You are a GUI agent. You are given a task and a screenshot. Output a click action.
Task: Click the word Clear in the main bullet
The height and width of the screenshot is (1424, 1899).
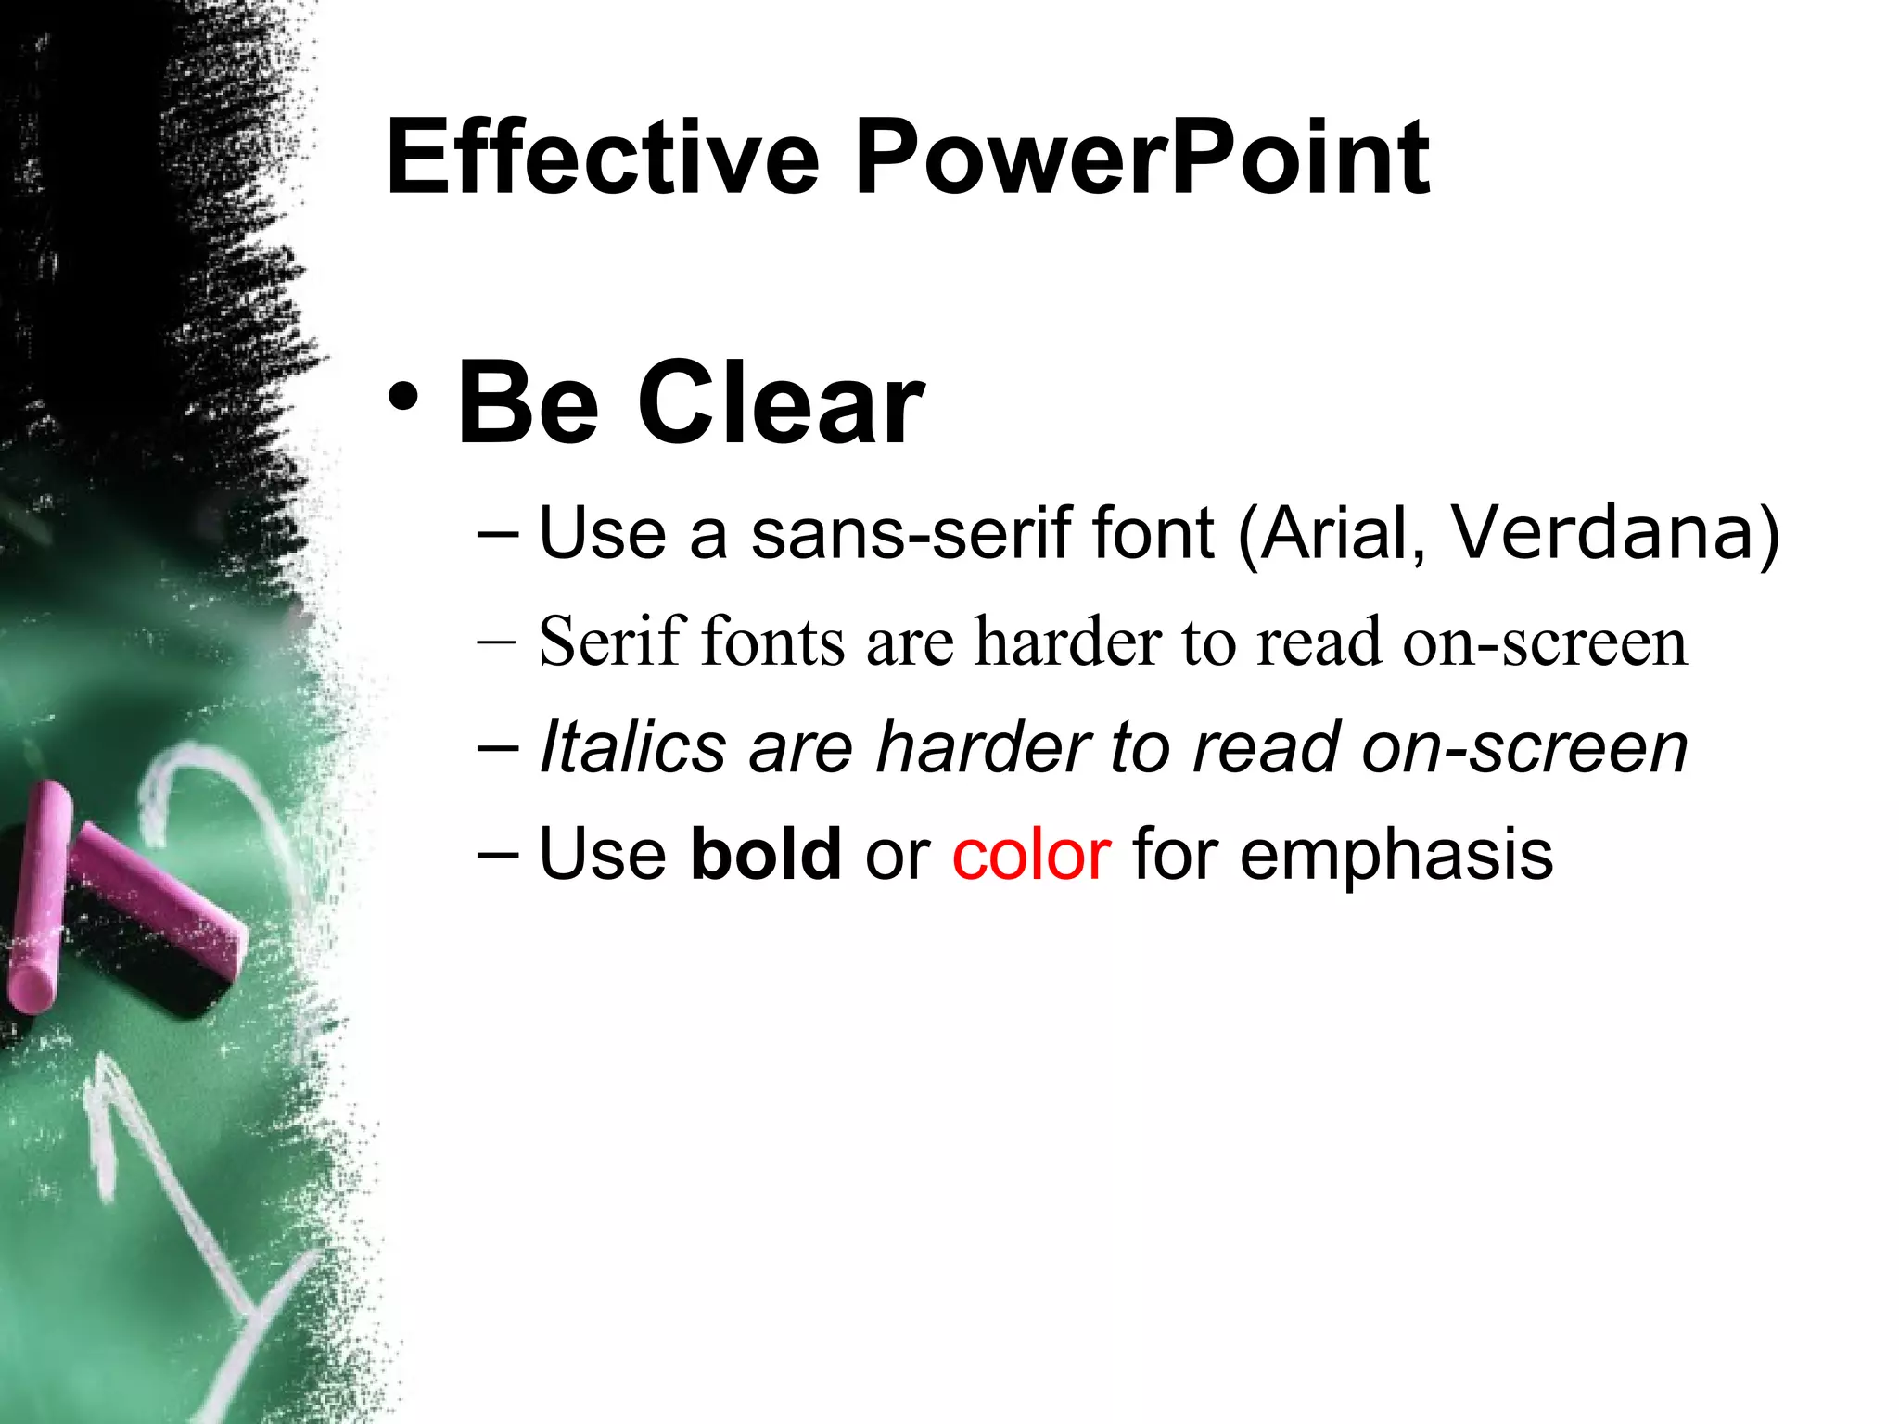781,404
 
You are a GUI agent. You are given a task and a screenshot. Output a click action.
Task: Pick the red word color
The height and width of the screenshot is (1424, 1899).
1031,855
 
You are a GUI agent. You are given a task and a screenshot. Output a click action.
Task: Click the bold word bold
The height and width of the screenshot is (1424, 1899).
766,853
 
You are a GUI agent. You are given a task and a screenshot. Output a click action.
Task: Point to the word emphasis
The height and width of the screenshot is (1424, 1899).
1396,855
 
